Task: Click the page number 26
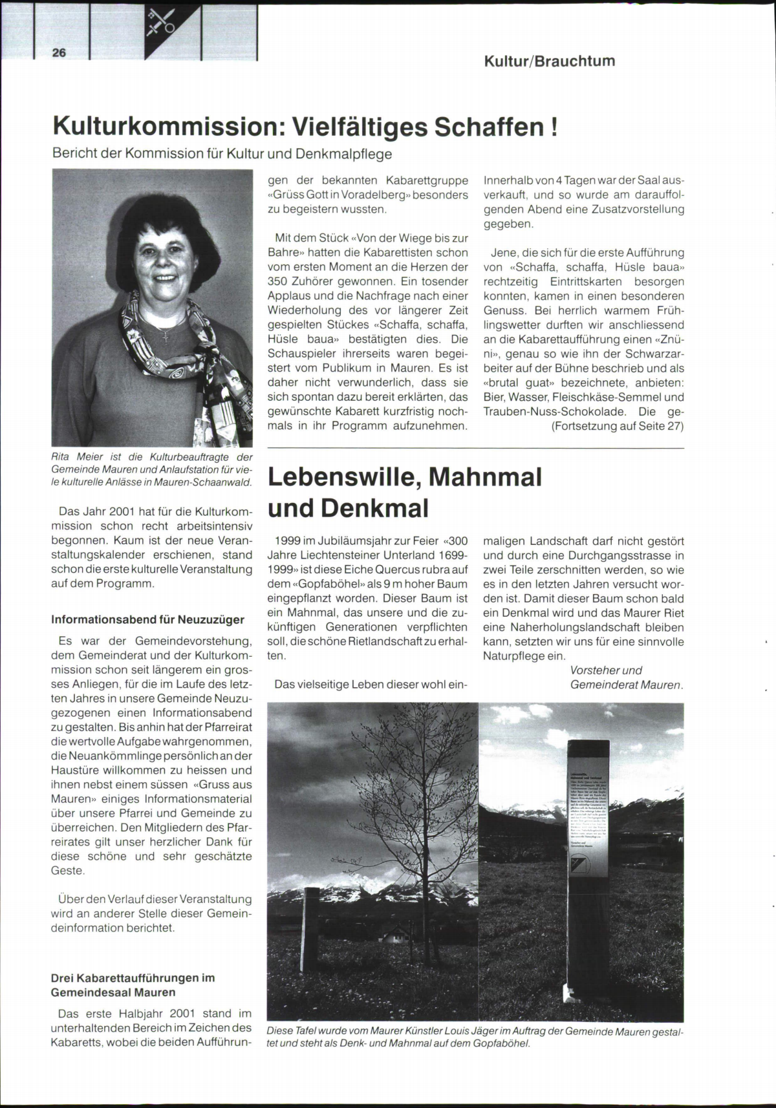(x=59, y=53)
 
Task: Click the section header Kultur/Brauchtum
(x=549, y=61)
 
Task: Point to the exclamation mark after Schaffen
(x=554, y=125)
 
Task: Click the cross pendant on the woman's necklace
(x=166, y=336)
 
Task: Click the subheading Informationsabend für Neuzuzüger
(x=147, y=619)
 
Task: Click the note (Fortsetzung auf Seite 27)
(x=617, y=426)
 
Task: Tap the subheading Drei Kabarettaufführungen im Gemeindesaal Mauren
(x=133, y=985)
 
